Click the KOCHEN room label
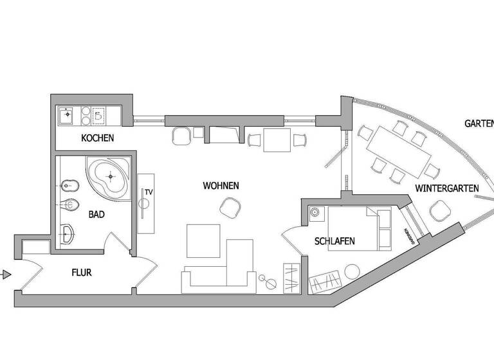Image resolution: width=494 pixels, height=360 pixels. [x=98, y=138]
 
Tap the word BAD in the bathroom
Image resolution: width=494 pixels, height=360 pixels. [x=96, y=215]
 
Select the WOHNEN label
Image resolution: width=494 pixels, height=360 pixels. [x=221, y=186]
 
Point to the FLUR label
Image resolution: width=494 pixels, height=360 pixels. [x=81, y=273]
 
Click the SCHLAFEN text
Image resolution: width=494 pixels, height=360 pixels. [x=334, y=242]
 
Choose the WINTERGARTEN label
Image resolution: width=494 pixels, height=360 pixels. [x=447, y=188]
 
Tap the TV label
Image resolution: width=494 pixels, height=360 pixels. [x=148, y=192]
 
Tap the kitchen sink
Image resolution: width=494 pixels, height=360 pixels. [x=66, y=116]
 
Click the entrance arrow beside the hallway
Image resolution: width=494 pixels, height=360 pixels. [x=6, y=275]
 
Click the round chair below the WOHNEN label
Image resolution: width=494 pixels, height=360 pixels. [x=230, y=207]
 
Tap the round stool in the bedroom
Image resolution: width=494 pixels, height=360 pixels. [x=352, y=273]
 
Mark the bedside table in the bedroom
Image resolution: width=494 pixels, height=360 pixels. [x=315, y=213]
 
